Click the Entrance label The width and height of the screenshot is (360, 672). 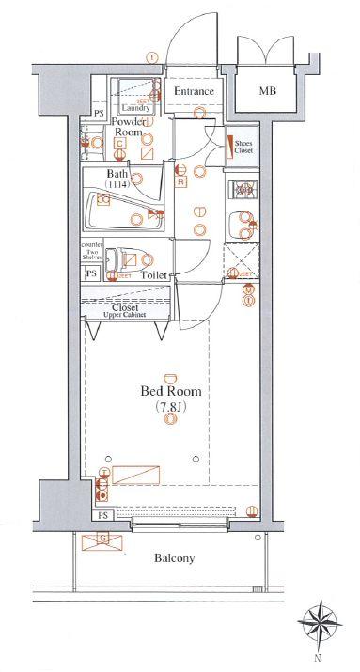[x=197, y=91]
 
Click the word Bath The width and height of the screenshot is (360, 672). [x=117, y=174]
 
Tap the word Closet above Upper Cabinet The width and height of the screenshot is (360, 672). [x=125, y=306]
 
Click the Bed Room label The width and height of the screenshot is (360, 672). [x=170, y=391]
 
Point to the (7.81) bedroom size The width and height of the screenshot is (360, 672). [x=170, y=406]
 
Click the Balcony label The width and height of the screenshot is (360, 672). [x=174, y=557]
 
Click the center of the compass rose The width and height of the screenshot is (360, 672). [x=321, y=622]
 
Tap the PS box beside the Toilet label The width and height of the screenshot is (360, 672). [x=92, y=273]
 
